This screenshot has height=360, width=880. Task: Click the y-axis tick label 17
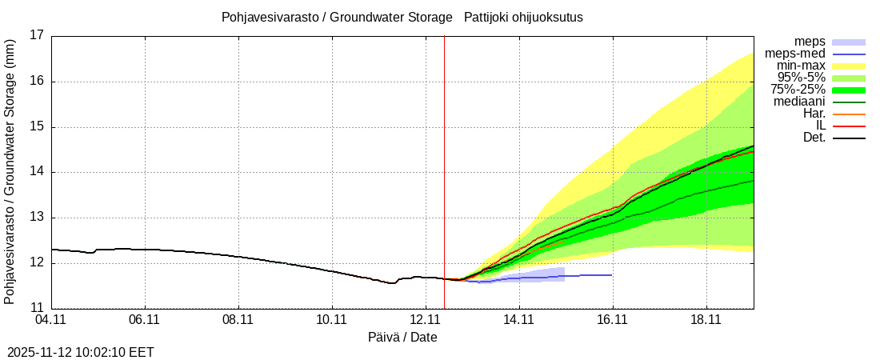[37, 35]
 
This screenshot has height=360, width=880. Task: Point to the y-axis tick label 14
[37, 172]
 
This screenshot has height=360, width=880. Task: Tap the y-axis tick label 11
[37, 308]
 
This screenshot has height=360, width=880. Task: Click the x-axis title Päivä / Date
[402, 338]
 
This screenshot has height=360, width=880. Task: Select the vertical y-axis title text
[10, 171]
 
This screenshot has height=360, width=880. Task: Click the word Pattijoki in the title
[490, 17]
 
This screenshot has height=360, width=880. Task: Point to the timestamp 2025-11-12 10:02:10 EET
[81, 352]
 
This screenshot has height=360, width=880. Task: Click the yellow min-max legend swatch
[849, 66]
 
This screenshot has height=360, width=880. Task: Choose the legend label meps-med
[795, 54]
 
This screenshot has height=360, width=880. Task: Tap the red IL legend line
[849, 126]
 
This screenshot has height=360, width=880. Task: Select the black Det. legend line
[849, 138]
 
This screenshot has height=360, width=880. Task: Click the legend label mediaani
[799, 102]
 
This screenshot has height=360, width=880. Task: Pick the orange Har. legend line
[849, 114]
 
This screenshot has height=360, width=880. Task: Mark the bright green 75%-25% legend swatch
[849, 90]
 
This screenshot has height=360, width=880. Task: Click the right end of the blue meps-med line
[611, 275]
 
